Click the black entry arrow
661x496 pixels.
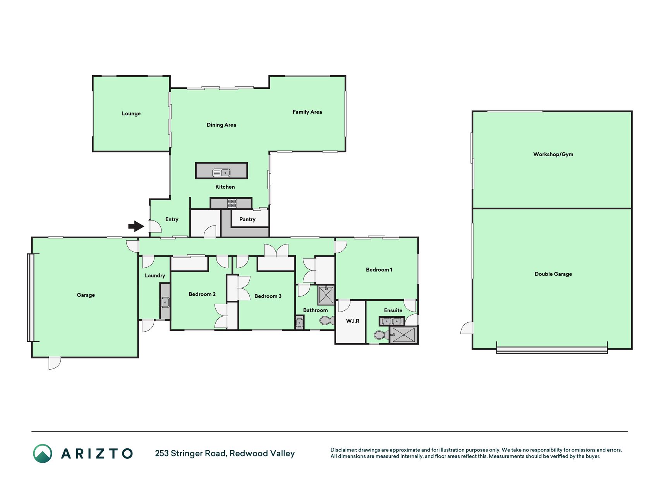136,226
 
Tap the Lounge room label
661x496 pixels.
131,114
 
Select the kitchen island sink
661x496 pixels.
221,172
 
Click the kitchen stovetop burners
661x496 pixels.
232,203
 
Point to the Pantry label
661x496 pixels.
247,219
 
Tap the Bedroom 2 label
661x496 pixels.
202,294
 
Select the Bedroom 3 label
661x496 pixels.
268,296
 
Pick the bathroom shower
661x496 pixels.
326,294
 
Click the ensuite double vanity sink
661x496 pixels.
391,321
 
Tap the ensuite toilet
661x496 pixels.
381,335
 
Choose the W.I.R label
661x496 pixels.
353,321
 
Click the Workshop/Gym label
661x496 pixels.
553,154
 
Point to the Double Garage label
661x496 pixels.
553,274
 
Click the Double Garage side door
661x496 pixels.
467,328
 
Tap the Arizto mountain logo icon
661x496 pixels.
43,454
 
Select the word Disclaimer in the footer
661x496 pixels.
343,450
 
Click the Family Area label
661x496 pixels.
307,112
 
